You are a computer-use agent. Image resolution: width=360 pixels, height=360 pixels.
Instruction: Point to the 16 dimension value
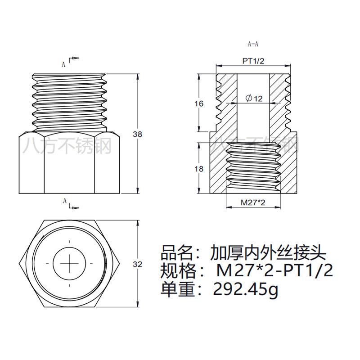[x=199, y=103]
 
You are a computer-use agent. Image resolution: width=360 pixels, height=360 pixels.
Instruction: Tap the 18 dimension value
[x=199, y=169]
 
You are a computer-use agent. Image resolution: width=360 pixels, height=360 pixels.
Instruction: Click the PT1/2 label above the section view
[x=254, y=61]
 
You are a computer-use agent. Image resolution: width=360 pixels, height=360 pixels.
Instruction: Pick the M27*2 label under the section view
[x=253, y=202]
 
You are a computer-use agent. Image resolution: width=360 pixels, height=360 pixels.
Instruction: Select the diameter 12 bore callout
[x=254, y=98]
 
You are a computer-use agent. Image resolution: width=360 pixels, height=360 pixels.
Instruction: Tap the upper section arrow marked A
[x=72, y=60]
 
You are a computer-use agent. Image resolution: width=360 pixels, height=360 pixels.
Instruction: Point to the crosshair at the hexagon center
[x=69, y=262]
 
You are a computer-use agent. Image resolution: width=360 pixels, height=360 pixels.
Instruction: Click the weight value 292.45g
[x=246, y=290]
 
